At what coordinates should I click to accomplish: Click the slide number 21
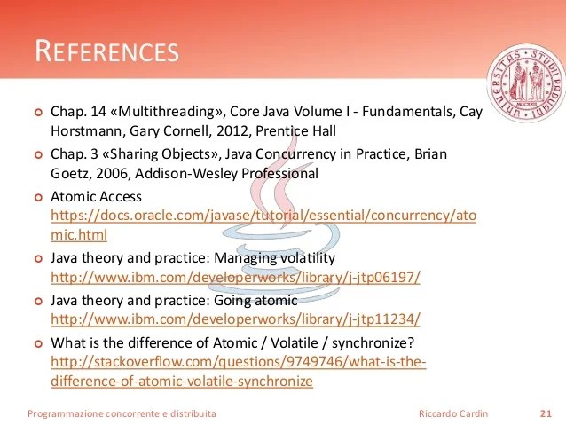[x=546, y=413]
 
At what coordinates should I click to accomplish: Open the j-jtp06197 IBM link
[x=235, y=278]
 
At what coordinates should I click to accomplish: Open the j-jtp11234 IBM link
[x=235, y=319]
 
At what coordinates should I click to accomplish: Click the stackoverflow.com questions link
[x=239, y=363]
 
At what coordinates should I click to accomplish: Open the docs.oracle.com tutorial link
[x=263, y=216]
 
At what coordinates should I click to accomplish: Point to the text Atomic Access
[x=96, y=196]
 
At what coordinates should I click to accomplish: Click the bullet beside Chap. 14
[x=37, y=113]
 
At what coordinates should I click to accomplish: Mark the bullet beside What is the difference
[x=37, y=343]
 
